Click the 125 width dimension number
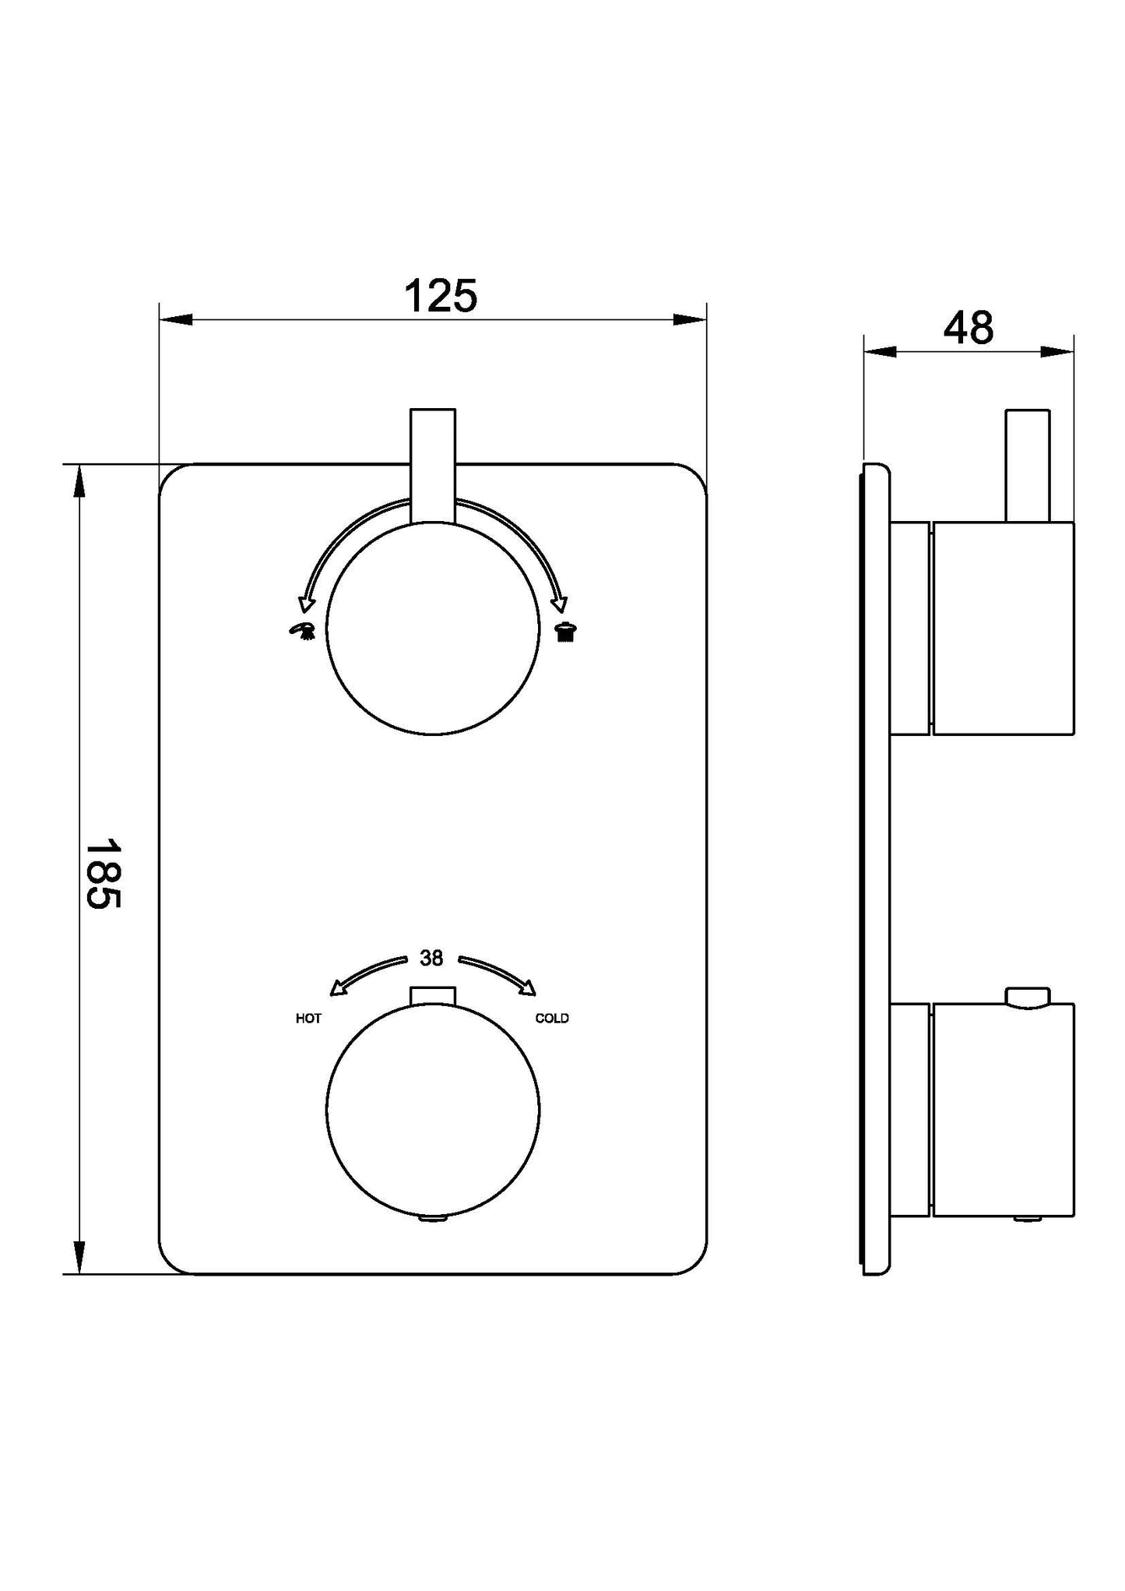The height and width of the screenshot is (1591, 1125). coord(440,296)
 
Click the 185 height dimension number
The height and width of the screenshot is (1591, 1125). coord(103,873)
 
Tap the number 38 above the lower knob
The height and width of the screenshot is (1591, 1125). coord(431,958)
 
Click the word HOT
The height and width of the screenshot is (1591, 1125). coord(308,1019)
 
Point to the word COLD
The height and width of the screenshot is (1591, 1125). coord(552,1018)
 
